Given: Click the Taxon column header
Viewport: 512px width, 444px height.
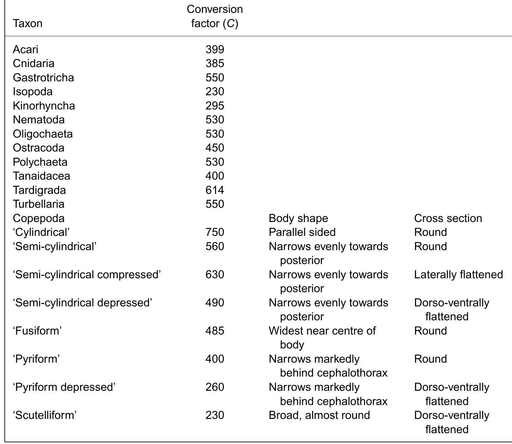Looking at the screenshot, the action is (x=27, y=23).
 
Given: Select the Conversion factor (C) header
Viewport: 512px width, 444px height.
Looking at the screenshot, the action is (x=215, y=16).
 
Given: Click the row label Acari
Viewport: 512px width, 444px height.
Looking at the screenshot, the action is (x=25, y=49).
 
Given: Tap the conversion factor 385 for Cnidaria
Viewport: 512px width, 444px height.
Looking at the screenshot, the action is (x=215, y=63).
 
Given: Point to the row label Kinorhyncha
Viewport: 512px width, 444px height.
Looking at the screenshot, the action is (x=44, y=106).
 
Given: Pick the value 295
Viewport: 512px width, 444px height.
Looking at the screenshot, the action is (x=215, y=105).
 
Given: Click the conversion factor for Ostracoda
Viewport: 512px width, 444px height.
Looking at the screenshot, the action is (x=215, y=148).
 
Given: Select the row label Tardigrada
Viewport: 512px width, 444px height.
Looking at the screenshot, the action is (x=39, y=190).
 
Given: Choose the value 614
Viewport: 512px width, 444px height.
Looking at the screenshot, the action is (x=215, y=190).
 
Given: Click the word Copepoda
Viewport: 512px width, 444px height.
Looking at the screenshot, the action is (x=39, y=218).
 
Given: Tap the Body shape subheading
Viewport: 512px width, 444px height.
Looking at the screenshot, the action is (x=298, y=218).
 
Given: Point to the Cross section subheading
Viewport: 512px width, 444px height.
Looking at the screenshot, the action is (x=448, y=218).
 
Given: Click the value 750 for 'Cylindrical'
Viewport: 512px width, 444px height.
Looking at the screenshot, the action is (x=215, y=232).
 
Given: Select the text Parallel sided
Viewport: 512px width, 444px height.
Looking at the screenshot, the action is (x=302, y=232).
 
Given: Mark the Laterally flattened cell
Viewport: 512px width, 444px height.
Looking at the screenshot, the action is (x=458, y=275).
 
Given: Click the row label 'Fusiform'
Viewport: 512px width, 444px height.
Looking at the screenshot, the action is (x=37, y=331).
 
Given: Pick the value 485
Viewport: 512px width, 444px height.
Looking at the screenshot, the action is (x=215, y=331).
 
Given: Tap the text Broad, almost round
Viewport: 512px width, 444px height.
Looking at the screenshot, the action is (x=319, y=415).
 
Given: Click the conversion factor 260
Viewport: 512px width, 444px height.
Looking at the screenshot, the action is (x=215, y=387).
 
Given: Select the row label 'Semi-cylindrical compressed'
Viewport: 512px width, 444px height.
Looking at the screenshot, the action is (x=87, y=275).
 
